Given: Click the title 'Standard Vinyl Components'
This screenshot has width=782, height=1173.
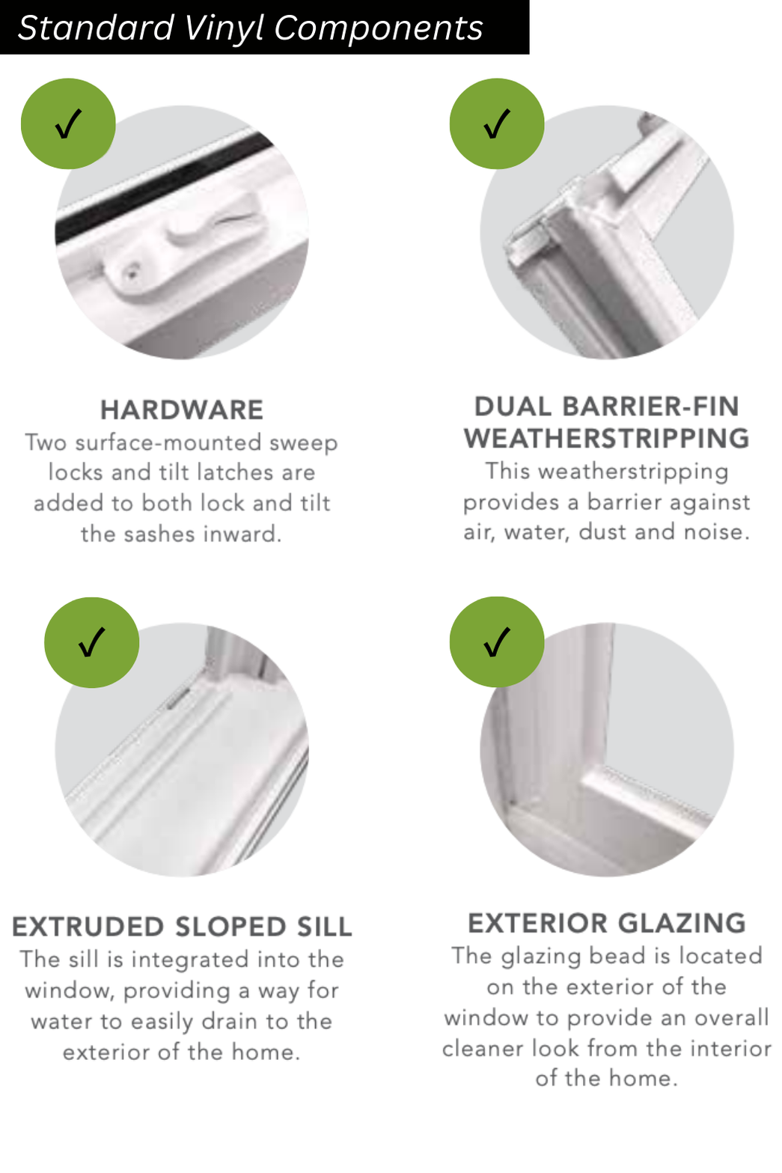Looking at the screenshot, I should pos(250,28).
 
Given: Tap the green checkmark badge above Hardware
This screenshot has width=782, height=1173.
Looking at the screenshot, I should pos(68,124).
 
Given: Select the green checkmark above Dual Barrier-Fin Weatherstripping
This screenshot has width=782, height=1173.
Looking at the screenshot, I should pos(497,124).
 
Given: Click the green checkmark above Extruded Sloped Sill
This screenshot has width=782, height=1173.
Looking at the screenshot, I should pos(91,642).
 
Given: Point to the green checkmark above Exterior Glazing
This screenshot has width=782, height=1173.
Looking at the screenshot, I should pos(497,642).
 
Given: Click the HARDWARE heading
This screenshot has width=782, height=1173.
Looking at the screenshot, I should pos(182,410).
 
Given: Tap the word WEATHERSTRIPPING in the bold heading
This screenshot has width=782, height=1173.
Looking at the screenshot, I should pos(606,439).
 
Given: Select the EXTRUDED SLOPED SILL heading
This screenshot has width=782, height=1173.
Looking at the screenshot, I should pos(182,927).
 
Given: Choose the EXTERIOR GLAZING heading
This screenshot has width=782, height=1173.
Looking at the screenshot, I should pos(607,923).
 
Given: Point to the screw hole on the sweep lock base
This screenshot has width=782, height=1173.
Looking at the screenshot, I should pos(132,274).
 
